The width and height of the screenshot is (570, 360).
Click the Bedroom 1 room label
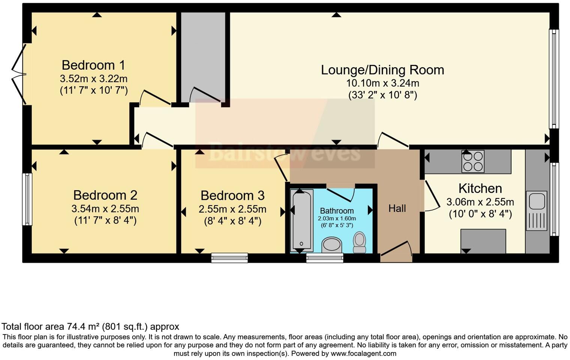click(x=93, y=65)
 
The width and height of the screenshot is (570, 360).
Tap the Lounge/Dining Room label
click(x=382, y=70)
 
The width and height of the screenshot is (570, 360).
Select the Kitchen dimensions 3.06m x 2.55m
click(x=480, y=202)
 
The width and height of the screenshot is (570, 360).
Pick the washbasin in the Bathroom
click(x=332, y=244)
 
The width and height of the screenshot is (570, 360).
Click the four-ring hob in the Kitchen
click(x=473, y=161)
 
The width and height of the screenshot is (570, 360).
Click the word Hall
click(x=397, y=208)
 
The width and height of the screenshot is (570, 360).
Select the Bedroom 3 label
click(x=232, y=195)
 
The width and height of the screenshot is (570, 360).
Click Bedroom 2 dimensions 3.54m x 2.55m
click(x=105, y=208)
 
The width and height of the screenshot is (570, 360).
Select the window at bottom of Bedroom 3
click(x=229, y=258)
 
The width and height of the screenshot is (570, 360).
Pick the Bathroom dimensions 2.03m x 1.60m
click(x=337, y=218)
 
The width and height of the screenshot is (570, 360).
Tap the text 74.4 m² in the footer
click(x=84, y=327)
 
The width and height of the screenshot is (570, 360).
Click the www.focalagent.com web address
click(x=363, y=353)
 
